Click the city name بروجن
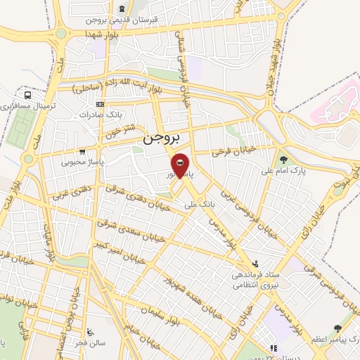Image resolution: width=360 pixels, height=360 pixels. pyautogui.click(x=162, y=138)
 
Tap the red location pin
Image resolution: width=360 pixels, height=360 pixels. pyautogui.click(x=181, y=166)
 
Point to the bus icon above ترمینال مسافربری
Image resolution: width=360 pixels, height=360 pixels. pyautogui.click(x=27, y=95)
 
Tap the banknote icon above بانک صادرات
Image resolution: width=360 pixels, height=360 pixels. pyautogui.click(x=101, y=105)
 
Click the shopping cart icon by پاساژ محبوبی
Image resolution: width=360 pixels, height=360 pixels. pyautogui.click(x=83, y=150)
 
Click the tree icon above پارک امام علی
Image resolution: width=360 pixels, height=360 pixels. pyautogui.click(x=284, y=159)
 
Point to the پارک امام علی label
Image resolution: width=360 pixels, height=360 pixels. pyautogui.click(x=285, y=171)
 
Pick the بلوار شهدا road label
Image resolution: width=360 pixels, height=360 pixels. pyautogui.click(x=103, y=34)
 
